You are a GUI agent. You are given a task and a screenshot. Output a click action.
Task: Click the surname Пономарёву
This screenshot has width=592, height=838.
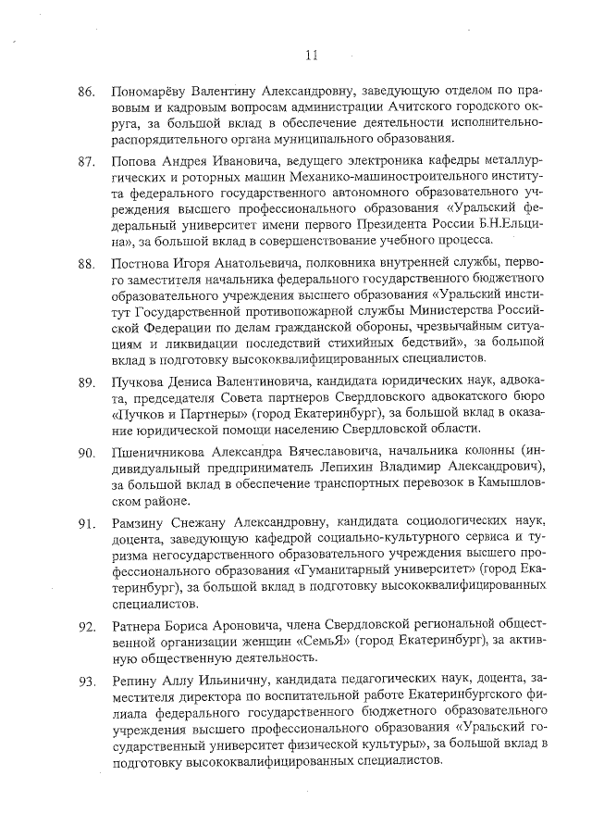tap(151, 93)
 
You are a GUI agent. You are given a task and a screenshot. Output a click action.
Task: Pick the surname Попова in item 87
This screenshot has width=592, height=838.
tap(133, 162)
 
